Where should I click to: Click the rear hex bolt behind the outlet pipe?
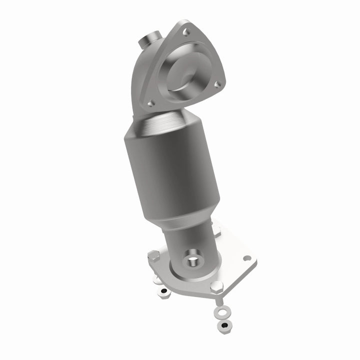(x=216, y=230)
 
